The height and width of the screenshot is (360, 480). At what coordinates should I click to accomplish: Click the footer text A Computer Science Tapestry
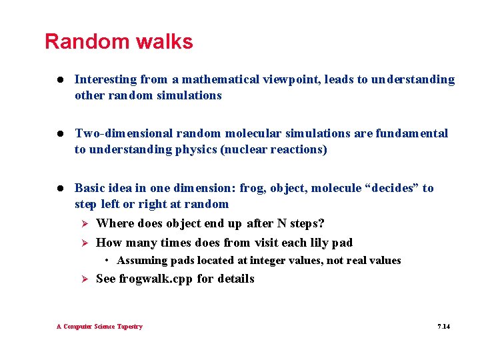[x=99, y=327]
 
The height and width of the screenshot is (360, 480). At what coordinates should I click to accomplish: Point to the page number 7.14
[x=443, y=327]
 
